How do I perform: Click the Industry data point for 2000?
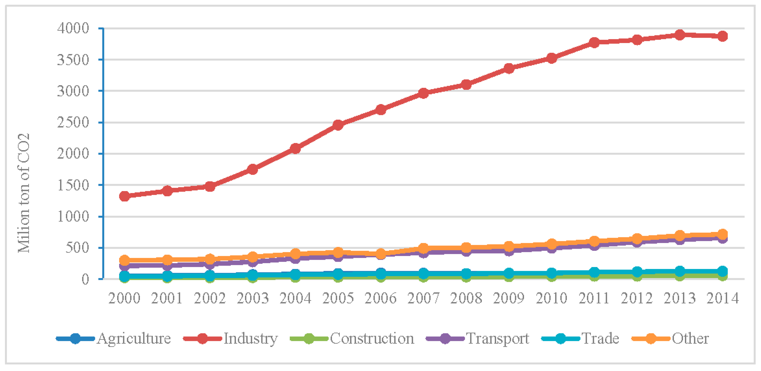tap(125, 196)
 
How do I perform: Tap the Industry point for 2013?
tap(680, 35)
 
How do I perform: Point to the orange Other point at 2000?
tap(125, 260)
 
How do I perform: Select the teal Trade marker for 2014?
tap(722, 271)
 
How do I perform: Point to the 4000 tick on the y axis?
tap(73, 29)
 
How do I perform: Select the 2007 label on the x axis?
tap(423, 298)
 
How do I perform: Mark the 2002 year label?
tap(210, 298)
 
